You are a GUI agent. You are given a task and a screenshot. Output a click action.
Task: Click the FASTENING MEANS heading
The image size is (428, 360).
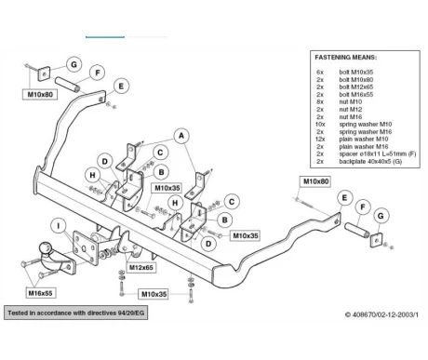tap(346, 58)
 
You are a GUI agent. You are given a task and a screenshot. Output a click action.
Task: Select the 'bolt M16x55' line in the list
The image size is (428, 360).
tap(356, 95)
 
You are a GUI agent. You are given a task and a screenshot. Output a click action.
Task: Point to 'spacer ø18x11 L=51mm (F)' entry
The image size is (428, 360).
tap(378, 153)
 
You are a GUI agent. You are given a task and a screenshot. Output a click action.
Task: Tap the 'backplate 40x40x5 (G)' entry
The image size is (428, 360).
tap(370, 161)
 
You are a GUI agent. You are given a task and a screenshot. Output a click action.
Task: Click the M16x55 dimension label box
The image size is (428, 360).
tap(40, 293)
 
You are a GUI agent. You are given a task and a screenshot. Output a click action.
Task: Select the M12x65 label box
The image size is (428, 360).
tap(141, 267)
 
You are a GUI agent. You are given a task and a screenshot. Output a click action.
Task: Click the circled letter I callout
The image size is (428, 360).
tap(59, 226)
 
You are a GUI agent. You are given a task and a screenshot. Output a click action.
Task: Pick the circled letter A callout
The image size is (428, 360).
tap(181, 136)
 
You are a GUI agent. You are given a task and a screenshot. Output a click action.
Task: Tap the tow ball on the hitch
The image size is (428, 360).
tap(45, 248)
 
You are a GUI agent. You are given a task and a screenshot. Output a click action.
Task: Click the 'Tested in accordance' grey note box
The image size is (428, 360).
tap(76, 313)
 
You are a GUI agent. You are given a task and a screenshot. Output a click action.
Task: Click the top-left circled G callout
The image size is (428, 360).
tap(74, 64)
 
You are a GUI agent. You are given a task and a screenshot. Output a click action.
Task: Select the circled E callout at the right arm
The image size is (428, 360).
tap(344, 198)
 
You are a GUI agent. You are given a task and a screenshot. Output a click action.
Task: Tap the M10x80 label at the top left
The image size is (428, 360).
tap(40, 94)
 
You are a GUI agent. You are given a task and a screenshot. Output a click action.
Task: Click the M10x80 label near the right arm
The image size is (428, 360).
tap(315, 181)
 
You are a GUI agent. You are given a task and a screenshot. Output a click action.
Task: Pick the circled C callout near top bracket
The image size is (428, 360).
tap(160, 153)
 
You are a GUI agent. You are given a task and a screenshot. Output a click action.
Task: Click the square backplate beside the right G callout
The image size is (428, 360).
tap(377, 240)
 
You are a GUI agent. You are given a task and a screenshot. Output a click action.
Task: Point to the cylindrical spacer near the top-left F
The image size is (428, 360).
tap(67, 85)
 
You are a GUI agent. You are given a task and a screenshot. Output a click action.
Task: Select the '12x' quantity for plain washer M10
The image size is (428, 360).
tap(320, 140)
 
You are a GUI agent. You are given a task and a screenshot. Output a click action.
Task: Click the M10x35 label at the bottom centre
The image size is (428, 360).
tap(154, 294)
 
